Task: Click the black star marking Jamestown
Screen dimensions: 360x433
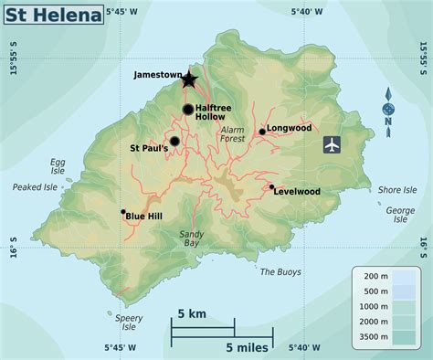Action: point(188,79)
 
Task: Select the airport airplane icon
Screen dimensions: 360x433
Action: point(333,144)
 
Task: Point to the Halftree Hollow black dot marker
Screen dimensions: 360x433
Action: point(188,110)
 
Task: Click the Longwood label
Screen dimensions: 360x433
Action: point(290,129)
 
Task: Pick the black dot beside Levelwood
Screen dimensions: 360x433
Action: point(271,187)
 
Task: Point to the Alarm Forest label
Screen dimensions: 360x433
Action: point(233,134)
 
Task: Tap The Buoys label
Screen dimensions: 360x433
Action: point(280,271)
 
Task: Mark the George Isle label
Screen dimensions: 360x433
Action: point(400,214)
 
